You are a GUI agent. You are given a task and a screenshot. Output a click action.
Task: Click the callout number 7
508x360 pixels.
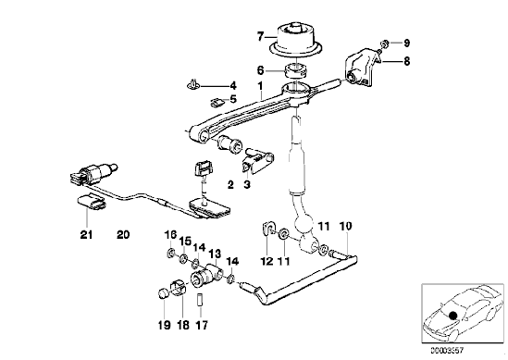[261, 37]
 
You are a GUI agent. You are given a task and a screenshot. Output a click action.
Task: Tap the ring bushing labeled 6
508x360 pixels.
[296, 71]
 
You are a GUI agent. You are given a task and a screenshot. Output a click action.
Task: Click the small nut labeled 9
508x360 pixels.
[385, 43]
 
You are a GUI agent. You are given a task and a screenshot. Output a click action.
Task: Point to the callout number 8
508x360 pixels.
[406, 61]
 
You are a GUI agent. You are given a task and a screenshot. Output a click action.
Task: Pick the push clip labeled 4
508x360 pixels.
[192, 85]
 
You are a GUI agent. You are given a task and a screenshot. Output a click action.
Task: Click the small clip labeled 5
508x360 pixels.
[217, 103]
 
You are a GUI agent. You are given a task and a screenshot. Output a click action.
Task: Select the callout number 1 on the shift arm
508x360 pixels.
[260, 86]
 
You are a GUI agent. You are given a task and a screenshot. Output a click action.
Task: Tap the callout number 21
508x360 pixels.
[86, 234]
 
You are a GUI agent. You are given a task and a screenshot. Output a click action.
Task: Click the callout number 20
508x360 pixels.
[123, 234]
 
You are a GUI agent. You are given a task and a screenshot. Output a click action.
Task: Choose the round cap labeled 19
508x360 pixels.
[163, 293]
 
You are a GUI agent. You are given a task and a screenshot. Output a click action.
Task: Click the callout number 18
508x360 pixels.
[183, 325]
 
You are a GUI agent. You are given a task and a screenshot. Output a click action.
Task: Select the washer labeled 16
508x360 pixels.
[171, 253]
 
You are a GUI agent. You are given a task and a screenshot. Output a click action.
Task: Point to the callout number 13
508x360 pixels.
[215, 254]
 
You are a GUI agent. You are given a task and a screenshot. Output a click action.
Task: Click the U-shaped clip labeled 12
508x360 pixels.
[267, 228]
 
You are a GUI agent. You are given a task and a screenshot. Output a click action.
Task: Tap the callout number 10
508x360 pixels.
[346, 226]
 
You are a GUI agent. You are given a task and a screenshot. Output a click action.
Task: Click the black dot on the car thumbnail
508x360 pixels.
[452, 316]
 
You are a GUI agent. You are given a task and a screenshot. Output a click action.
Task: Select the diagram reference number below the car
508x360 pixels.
[447, 350]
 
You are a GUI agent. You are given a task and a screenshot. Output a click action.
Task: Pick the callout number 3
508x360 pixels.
[247, 185]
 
